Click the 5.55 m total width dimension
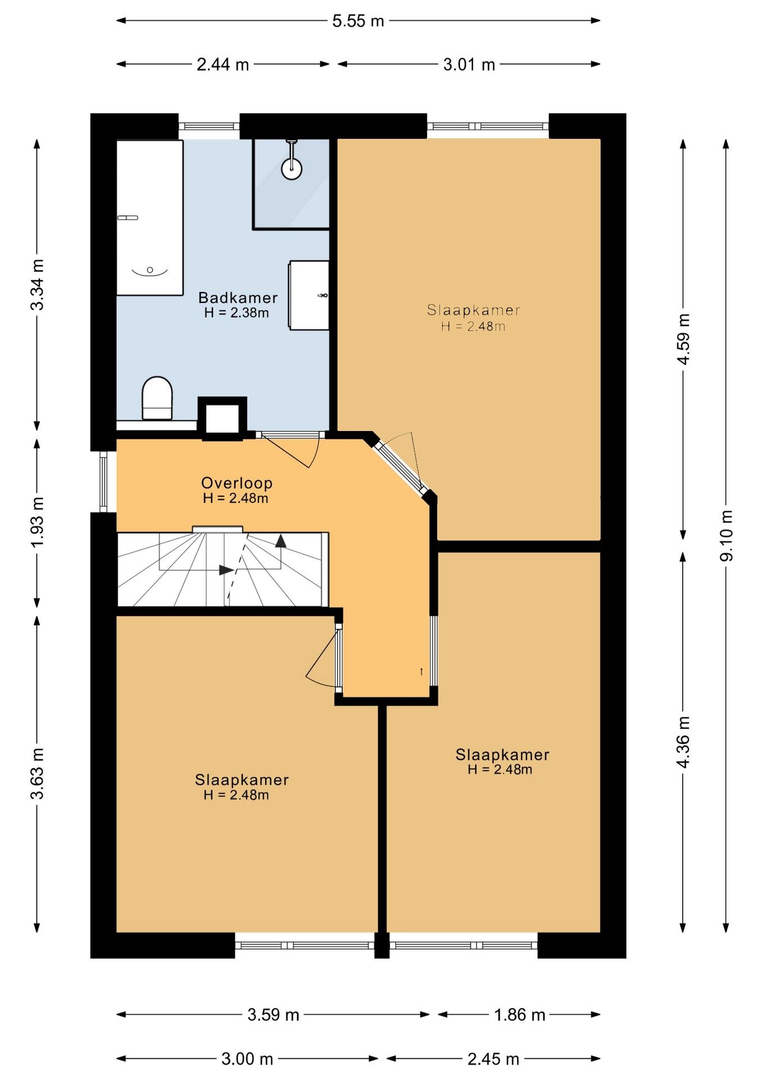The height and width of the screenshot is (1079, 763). (x=358, y=21)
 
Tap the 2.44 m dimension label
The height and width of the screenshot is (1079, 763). (x=222, y=65)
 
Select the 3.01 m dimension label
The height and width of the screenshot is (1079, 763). (x=469, y=65)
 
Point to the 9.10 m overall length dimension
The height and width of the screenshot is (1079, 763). (x=726, y=535)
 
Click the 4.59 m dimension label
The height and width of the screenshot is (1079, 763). (x=683, y=339)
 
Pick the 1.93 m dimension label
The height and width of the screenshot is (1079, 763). (x=37, y=523)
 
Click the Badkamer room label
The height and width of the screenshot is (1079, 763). (x=238, y=298)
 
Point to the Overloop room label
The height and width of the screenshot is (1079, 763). (x=237, y=483)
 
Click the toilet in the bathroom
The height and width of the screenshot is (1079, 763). (x=157, y=398)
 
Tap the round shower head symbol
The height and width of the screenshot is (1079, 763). (x=292, y=168)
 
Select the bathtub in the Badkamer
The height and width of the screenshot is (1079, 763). (x=150, y=217)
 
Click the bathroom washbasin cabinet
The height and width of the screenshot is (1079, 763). (x=309, y=295)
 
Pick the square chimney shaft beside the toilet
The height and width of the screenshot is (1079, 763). (x=222, y=418)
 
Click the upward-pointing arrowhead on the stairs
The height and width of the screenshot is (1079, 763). (x=281, y=541)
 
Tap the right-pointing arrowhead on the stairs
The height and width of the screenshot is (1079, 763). (x=226, y=570)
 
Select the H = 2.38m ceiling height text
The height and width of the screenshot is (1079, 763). (x=237, y=313)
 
